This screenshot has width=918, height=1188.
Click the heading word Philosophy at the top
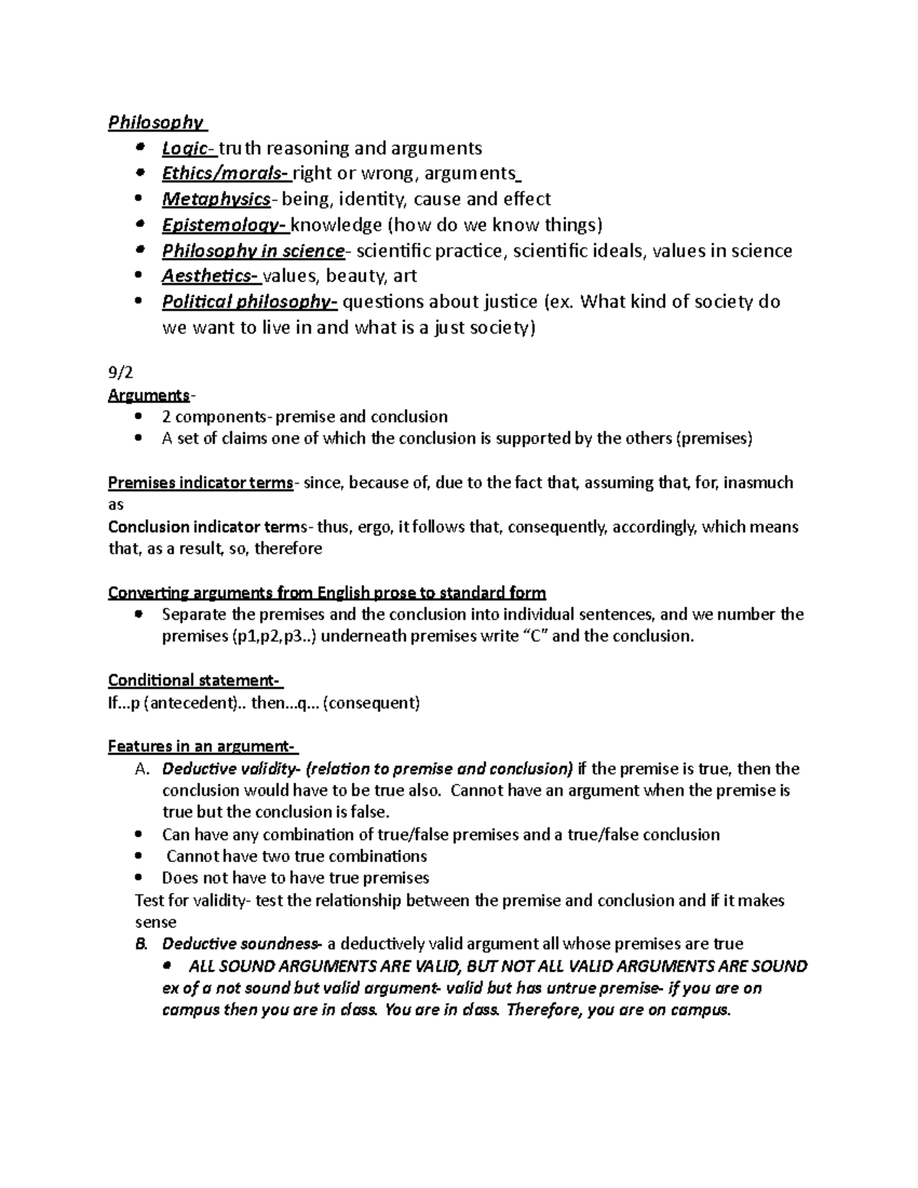(x=155, y=122)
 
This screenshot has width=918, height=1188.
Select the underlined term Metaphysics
(x=216, y=200)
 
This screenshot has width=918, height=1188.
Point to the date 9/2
(x=121, y=374)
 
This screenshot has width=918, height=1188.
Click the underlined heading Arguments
(x=148, y=395)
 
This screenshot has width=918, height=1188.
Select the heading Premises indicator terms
(x=200, y=483)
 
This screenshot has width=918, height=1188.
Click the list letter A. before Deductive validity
(x=142, y=770)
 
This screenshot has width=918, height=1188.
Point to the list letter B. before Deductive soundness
(x=141, y=944)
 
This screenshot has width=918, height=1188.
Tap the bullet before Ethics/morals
(x=138, y=174)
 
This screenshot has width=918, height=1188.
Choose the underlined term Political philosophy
(x=247, y=302)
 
